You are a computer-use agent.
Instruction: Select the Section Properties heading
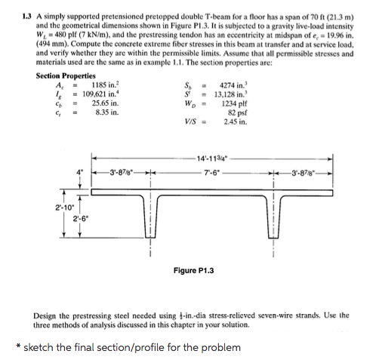(65, 76)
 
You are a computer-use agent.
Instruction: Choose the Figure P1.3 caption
(194, 270)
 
